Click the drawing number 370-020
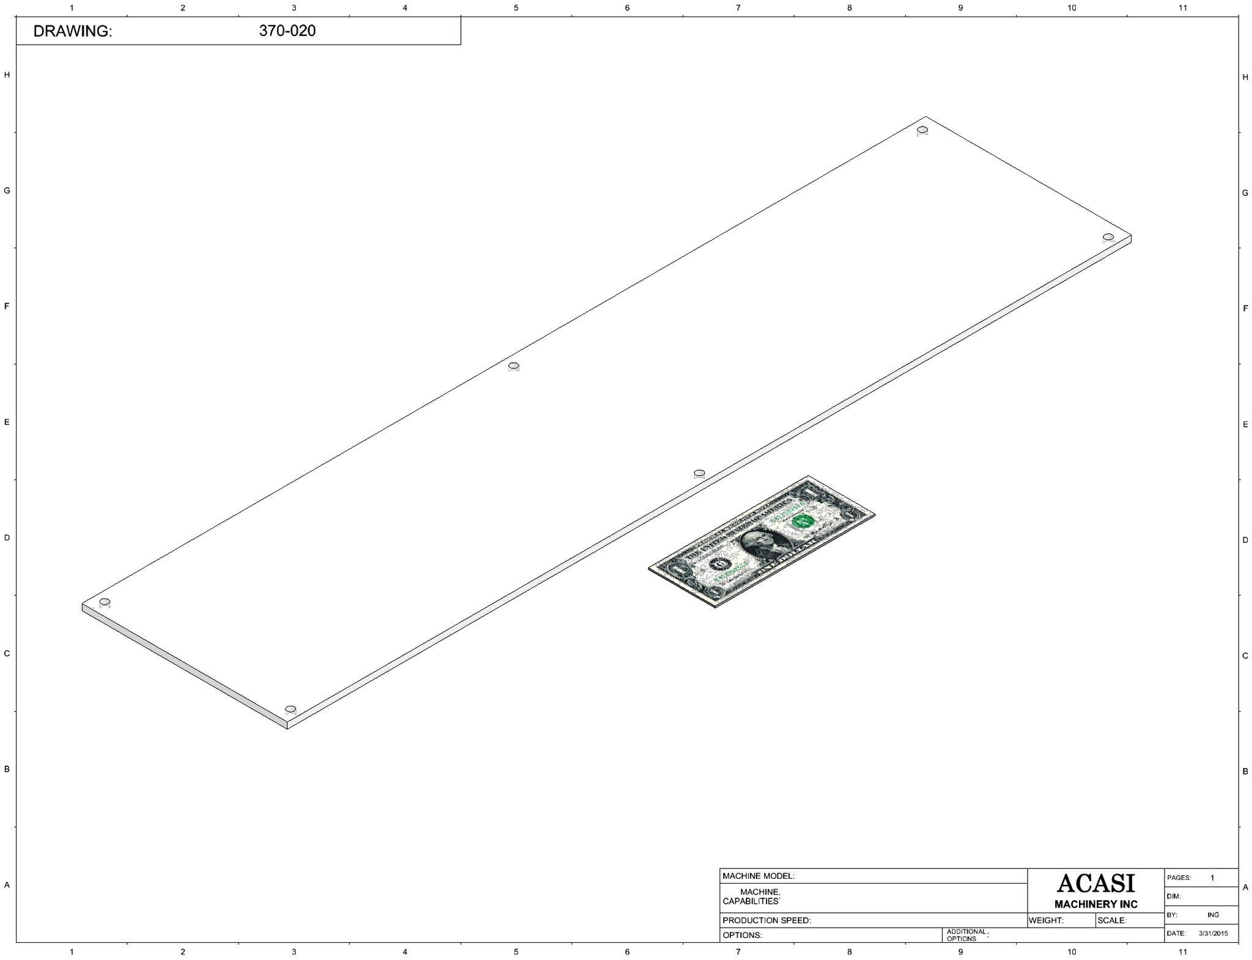point(287,31)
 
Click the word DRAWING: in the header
point(73,32)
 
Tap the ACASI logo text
point(1095,882)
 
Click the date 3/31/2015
point(1213,933)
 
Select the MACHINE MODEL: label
point(759,876)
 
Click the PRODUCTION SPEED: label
point(767,920)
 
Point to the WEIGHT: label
point(1047,920)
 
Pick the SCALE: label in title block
point(1112,920)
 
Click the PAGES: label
point(1179,878)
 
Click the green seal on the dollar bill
point(802,521)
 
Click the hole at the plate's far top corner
point(922,130)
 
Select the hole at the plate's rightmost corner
point(1108,237)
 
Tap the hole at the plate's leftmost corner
point(105,603)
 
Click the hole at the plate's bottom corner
point(290,709)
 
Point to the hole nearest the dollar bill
point(699,473)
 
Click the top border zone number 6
point(627,8)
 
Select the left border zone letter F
point(7,306)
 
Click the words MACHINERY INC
point(1096,904)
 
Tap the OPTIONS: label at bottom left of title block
point(742,935)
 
